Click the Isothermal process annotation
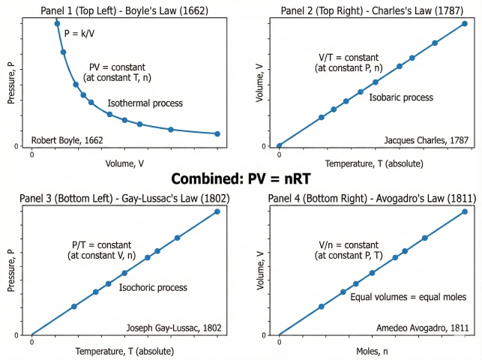click(145, 103)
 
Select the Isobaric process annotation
click(402, 97)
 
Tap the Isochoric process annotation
click(153, 287)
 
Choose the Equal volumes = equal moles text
click(409, 297)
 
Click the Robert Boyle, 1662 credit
click(67, 140)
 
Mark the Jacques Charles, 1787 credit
click(426, 140)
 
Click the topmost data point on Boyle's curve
click(58, 23)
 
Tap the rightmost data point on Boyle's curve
click(217, 133)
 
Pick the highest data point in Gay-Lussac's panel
click(217, 211)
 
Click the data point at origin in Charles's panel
click(280, 145)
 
